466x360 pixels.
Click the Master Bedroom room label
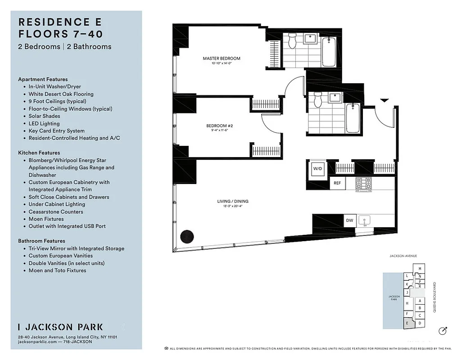pyautogui.click(x=221, y=58)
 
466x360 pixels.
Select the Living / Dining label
pyautogui.click(x=232, y=202)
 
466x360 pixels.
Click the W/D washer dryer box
pyautogui.click(x=317, y=169)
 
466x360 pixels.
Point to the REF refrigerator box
pyautogui.click(x=337, y=183)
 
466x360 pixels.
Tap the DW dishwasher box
pyautogui.click(x=349, y=220)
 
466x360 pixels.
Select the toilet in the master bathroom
pyautogui.click(x=292, y=42)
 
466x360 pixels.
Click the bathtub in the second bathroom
pyautogui.click(x=353, y=118)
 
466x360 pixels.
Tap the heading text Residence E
pyautogui.click(x=60, y=22)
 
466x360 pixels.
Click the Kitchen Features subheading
pyautogui.click(x=39, y=153)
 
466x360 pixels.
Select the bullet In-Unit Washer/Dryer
pyautogui.click(x=54, y=87)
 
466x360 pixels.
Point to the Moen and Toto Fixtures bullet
pyautogui.click(x=57, y=270)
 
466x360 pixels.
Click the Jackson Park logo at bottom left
pyautogui.click(x=60, y=327)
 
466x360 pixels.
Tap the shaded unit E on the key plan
pyautogui.click(x=407, y=323)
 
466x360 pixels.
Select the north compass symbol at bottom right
pyautogui.click(x=443, y=331)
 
